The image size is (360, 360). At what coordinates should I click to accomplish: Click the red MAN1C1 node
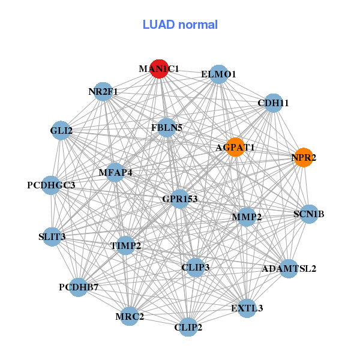pyautogui.click(x=159, y=69)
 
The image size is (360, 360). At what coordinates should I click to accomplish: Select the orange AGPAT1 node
pyautogui.click(x=235, y=148)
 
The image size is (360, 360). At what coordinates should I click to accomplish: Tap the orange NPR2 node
pyautogui.click(x=304, y=158)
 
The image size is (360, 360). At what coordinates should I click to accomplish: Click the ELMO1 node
pyautogui.click(x=219, y=74)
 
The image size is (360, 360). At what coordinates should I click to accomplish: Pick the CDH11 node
pyautogui.click(x=273, y=103)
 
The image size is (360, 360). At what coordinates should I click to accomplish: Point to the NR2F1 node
pyautogui.click(x=104, y=92)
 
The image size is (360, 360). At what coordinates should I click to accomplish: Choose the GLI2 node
pyautogui.click(x=61, y=130)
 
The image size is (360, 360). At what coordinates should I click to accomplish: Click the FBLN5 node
pyautogui.click(x=167, y=127)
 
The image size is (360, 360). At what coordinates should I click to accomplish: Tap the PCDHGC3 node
pyautogui.click(x=52, y=185)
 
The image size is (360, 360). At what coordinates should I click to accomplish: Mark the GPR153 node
pyautogui.click(x=180, y=199)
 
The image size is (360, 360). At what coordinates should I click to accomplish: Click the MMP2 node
pyautogui.click(x=247, y=217)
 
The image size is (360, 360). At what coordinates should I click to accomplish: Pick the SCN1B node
pyautogui.click(x=308, y=214)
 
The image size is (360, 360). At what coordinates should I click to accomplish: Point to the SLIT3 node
pyautogui.click(x=52, y=236)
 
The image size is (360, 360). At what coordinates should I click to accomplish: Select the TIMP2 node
pyautogui.click(x=125, y=245)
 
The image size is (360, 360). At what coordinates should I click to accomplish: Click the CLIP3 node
pyautogui.click(x=196, y=267)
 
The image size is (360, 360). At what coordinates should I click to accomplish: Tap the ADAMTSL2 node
pyautogui.click(x=289, y=268)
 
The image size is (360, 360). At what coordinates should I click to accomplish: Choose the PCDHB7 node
pyautogui.click(x=79, y=287)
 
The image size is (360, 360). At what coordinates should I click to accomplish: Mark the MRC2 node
pyautogui.click(x=130, y=316)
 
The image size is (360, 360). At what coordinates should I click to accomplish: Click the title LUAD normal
pyautogui.click(x=180, y=25)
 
